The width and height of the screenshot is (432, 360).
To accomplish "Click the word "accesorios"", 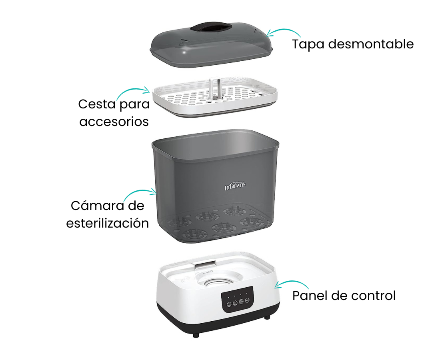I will pyautogui.click(x=114, y=121).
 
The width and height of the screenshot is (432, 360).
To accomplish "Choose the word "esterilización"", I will pyautogui.click(x=108, y=223).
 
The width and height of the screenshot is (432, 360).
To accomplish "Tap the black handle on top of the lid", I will pyautogui.click(x=211, y=28).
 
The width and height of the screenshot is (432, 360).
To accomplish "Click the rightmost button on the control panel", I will pyautogui.click(x=247, y=301).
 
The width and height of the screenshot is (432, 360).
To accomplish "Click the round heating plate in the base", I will pyautogui.click(x=218, y=280).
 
